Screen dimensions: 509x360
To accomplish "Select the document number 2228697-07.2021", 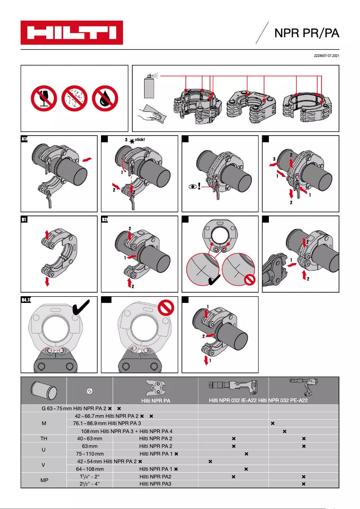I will pos(326,56).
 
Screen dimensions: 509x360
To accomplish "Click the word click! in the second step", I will pos(140,140).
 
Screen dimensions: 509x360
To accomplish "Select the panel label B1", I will pos(25,220).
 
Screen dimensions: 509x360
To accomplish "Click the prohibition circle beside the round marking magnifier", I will pos(248,281).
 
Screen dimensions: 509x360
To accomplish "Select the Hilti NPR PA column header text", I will pos(155,400).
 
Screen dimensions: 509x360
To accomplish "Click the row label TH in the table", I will pos(43,438).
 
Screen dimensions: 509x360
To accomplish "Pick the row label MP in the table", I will pos(43,480).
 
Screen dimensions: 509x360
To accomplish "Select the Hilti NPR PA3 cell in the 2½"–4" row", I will pos(155,484).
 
